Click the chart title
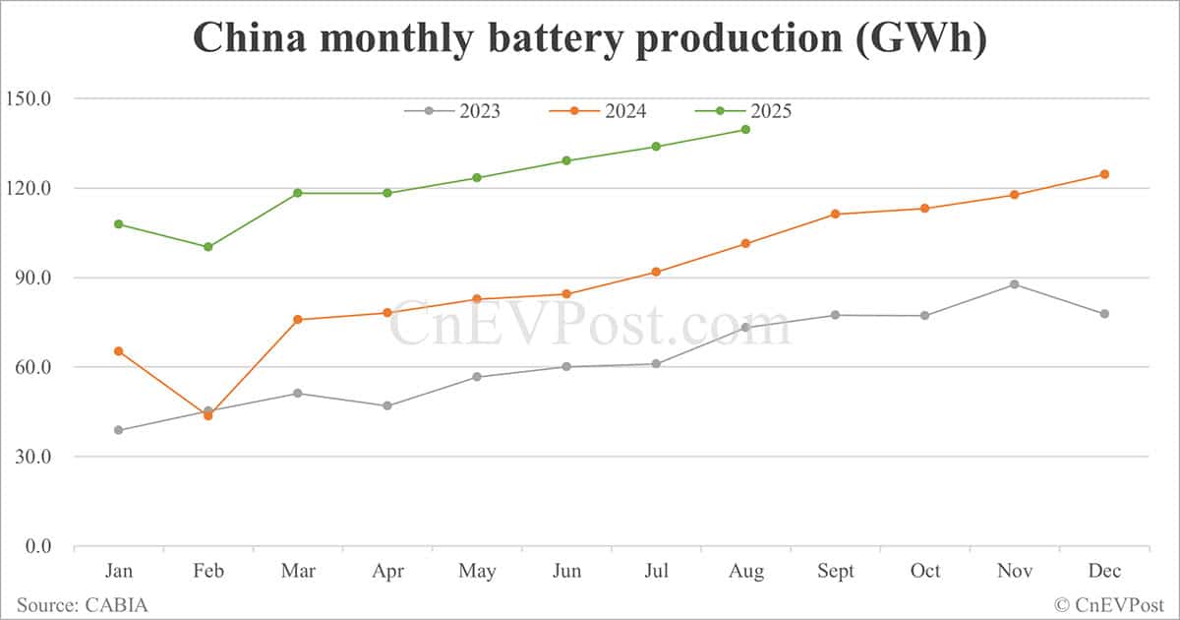coord(589,38)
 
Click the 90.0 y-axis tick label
coord(31,278)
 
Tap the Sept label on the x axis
coord(835,571)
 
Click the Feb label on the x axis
coord(208,571)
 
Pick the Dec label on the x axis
coord(1103,571)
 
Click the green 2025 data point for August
coord(745,129)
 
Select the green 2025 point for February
coord(208,247)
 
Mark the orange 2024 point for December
coord(1103,174)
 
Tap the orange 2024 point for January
coord(119,351)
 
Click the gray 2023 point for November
coord(1014,284)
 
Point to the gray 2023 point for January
coord(119,430)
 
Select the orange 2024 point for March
coord(298,320)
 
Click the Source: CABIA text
coord(82,604)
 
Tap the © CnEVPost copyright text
coord(1109,604)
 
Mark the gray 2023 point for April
coord(387,405)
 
